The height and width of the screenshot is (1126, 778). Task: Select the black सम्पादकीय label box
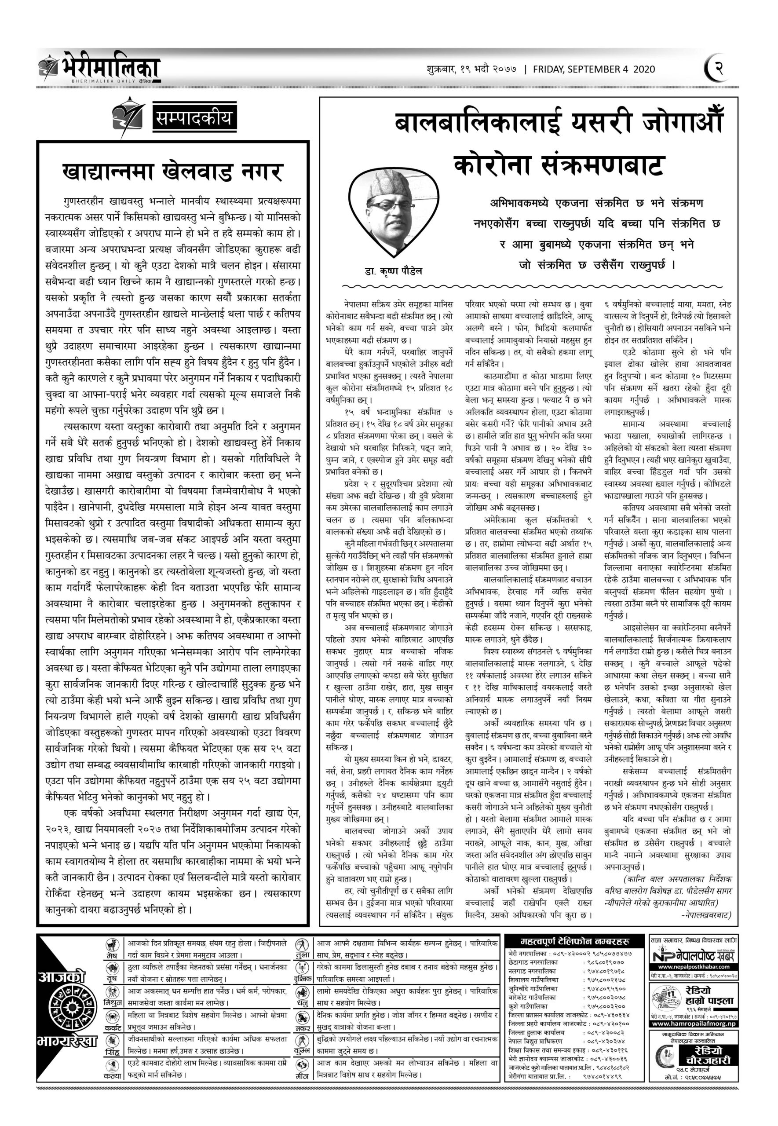click(194, 117)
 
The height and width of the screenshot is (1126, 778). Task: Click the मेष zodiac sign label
click(112, 956)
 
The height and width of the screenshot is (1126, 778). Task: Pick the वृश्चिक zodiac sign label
click(302, 981)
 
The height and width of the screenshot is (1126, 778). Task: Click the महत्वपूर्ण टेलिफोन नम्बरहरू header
click(575, 941)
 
